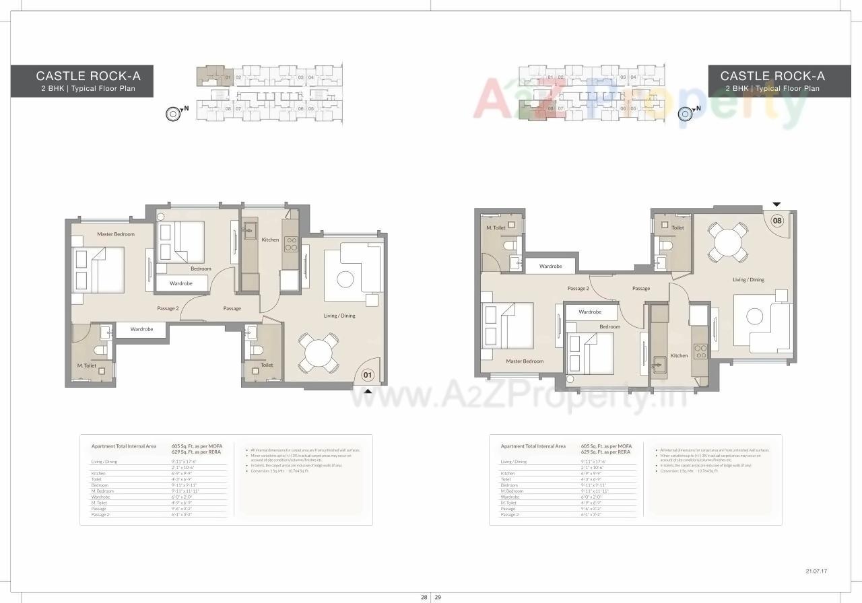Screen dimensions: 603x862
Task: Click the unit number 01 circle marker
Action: tap(368, 375)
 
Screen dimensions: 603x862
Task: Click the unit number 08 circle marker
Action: tap(777, 220)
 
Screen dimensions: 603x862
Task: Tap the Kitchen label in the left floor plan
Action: tap(270, 240)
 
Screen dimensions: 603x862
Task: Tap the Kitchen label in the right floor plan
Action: tap(679, 355)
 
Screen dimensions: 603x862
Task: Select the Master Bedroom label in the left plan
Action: tap(116, 234)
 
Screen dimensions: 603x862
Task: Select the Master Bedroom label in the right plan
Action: tap(525, 361)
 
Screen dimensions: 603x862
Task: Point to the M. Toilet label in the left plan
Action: tap(86, 365)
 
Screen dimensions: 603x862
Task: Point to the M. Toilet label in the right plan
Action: tap(496, 228)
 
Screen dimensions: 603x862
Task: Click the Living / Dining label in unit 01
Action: tap(339, 316)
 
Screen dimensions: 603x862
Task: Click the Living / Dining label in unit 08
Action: tap(748, 279)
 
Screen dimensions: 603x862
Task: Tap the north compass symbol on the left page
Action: tap(173, 114)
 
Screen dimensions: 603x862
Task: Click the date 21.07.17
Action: tap(816, 571)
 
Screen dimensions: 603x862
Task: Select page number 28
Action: tap(424, 597)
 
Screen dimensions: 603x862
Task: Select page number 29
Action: tap(438, 597)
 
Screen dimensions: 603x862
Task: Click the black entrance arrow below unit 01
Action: tap(368, 390)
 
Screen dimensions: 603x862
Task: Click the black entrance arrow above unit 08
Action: tap(776, 204)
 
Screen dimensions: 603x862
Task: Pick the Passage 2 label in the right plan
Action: tap(578, 288)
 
